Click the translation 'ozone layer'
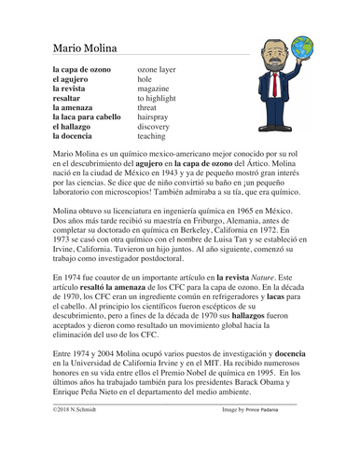tap(157, 70)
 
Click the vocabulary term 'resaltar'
tap(68, 94)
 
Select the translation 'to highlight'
tap(159, 94)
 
